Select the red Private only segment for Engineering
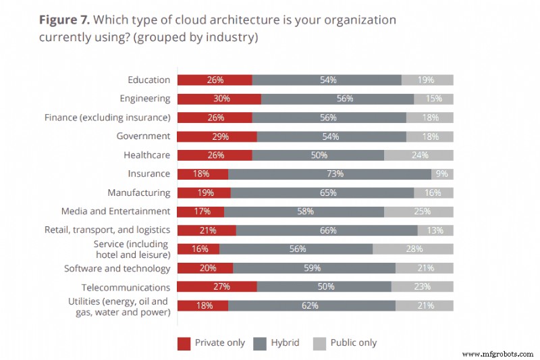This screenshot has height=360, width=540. pyautogui.click(x=219, y=99)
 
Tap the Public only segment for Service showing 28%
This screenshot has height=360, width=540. pyautogui.click(x=412, y=249)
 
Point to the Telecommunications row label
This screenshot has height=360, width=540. pyautogui.click(x=126, y=287)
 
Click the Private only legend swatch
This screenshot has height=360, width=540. pyautogui.click(x=184, y=343)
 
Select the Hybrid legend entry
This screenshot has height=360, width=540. pyautogui.click(x=277, y=343)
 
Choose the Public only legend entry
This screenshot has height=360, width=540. pyautogui.click(x=345, y=343)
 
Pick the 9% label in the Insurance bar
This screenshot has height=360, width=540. pyautogui.click(x=442, y=174)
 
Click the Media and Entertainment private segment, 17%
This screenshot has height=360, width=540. pyautogui.click(x=200, y=211)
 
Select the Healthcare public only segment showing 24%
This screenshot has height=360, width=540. pyautogui.click(x=418, y=155)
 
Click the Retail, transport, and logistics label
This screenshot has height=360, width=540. pyautogui.click(x=107, y=230)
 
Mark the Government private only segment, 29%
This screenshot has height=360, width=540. pyautogui.click(x=217, y=136)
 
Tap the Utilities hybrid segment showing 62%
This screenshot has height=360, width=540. pyautogui.click(x=311, y=305)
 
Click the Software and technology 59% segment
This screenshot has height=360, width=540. pyautogui.click(x=314, y=267)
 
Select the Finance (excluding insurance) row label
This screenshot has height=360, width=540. pyautogui.click(x=107, y=118)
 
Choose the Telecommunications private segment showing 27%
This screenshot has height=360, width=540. pyautogui.click(x=217, y=286)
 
